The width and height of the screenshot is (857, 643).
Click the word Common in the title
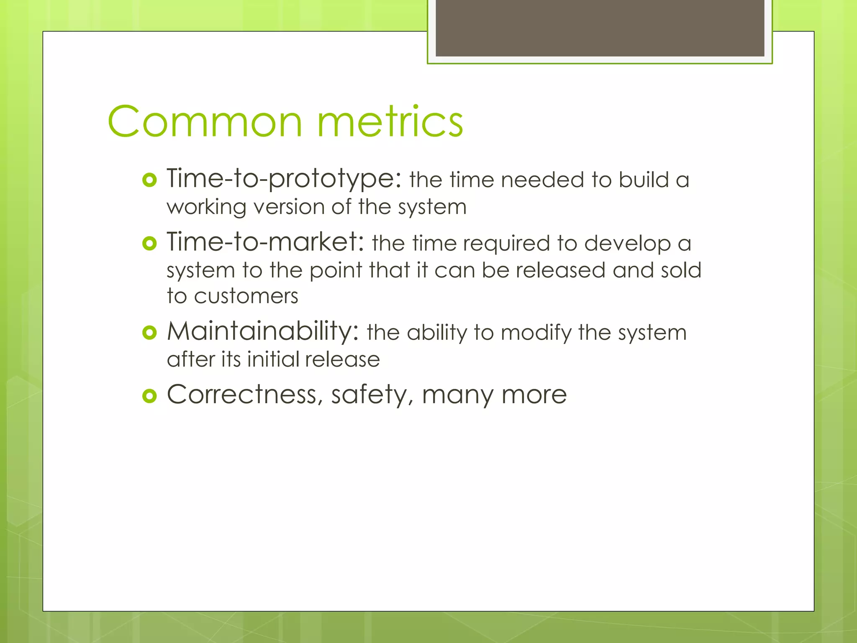[x=205, y=121]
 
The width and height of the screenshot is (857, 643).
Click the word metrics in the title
[x=390, y=121]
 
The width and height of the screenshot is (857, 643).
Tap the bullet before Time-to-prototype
[x=149, y=180]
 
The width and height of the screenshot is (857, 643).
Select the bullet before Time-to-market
[x=149, y=243]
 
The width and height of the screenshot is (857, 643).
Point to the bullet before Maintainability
[x=149, y=333]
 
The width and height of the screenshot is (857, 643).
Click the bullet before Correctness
[x=149, y=396]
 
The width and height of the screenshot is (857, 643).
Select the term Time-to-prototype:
[x=284, y=179]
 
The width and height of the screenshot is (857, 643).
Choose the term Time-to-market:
[x=265, y=242]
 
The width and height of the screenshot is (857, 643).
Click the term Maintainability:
[x=263, y=332]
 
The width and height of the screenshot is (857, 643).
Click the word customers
[x=246, y=296]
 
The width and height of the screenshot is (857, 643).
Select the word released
[x=560, y=270]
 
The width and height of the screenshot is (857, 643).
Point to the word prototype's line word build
[x=644, y=180]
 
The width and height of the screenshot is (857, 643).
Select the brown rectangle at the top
[x=600, y=28]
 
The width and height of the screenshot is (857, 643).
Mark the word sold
[x=681, y=270]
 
